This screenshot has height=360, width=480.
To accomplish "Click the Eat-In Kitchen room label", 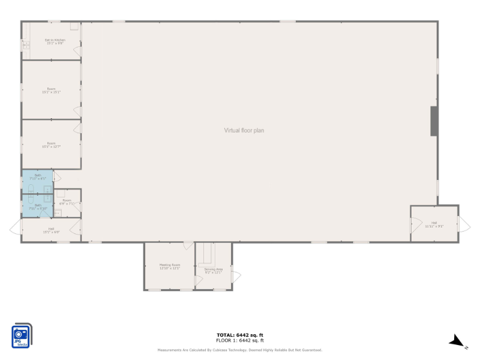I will pyautogui.click(x=55, y=42).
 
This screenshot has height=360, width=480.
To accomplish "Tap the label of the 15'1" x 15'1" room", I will pyautogui.click(x=52, y=91).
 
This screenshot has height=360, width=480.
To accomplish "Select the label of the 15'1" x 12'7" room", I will pyautogui.click(x=52, y=145).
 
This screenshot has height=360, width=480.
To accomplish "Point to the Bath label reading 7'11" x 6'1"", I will pyautogui.click(x=37, y=177).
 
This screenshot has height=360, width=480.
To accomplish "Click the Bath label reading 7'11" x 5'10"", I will pyautogui.click(x=37, y=207).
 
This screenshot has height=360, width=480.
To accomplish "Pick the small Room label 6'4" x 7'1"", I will pyautogui.click(x=67, y=202).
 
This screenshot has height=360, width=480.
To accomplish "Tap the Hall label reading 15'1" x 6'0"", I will pyautogui.click(x=52, y=230).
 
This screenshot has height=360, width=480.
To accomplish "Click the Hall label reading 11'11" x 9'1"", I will pyautogui.click(x=434, y=224).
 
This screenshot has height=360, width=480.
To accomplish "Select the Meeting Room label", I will pyautogui.click(x=170, y=266).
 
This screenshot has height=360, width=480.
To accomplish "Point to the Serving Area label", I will pyautogui.click(x=214, y=271).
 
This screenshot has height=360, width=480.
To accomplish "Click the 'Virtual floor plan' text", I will pyautogui.click(x=244, y=130).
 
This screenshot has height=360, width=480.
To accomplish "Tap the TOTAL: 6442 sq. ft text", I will pyautogui.click(x=240, y=335).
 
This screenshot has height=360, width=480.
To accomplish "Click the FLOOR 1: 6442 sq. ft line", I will pyautogui.click(x=240, y=340).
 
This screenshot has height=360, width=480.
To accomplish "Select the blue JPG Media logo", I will pyautogui.click(x=22, y=336).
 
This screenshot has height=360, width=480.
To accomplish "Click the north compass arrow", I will pyautogui.click(x=457, y=341).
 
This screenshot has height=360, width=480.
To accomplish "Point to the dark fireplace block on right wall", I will pyautogui.click(x=434, y=121).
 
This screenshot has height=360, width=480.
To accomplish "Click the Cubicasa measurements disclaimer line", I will pyautogui.click(x=240, y=350).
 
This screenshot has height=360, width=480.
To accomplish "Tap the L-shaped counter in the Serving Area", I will pyautogui.click(x=207, y=254).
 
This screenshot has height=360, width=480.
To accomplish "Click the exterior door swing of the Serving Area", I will pyautogui.click(x=236, y=277).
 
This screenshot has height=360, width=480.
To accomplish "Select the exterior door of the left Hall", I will pyautogui.click(x=14, y=228).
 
